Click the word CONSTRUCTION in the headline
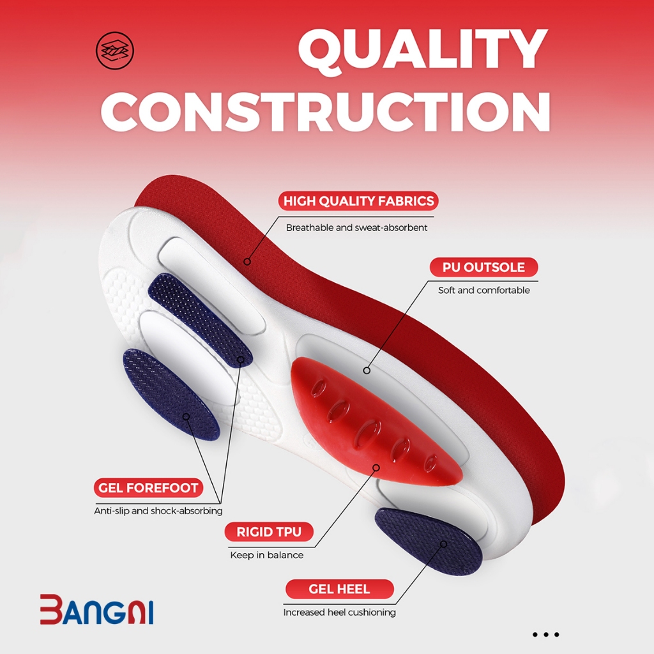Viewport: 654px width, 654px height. coord(325,112)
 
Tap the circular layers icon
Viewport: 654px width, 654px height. coord(115,50)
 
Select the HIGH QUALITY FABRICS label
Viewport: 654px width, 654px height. coord(358,201)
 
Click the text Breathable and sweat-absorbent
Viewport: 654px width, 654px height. coord(356,228)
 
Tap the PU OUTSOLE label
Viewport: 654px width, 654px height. coord(484,267)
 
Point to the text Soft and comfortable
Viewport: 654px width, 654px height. coord(484,291)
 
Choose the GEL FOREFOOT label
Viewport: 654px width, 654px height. coord(148,487)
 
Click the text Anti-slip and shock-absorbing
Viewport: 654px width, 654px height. coord(158,511)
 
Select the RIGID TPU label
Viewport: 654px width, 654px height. coord(269,532)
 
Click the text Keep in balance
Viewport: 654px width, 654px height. coord(266,555)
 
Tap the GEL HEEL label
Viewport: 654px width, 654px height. coord(340,589)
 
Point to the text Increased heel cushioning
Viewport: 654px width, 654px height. coord(340,612)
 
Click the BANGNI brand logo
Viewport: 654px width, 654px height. coord(97,609)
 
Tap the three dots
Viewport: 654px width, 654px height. coord(546,634)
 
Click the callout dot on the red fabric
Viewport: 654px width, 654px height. coord(247,262)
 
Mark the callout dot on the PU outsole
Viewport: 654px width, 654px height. coord(367,370)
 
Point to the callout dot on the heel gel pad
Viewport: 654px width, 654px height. coord(443,544)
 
